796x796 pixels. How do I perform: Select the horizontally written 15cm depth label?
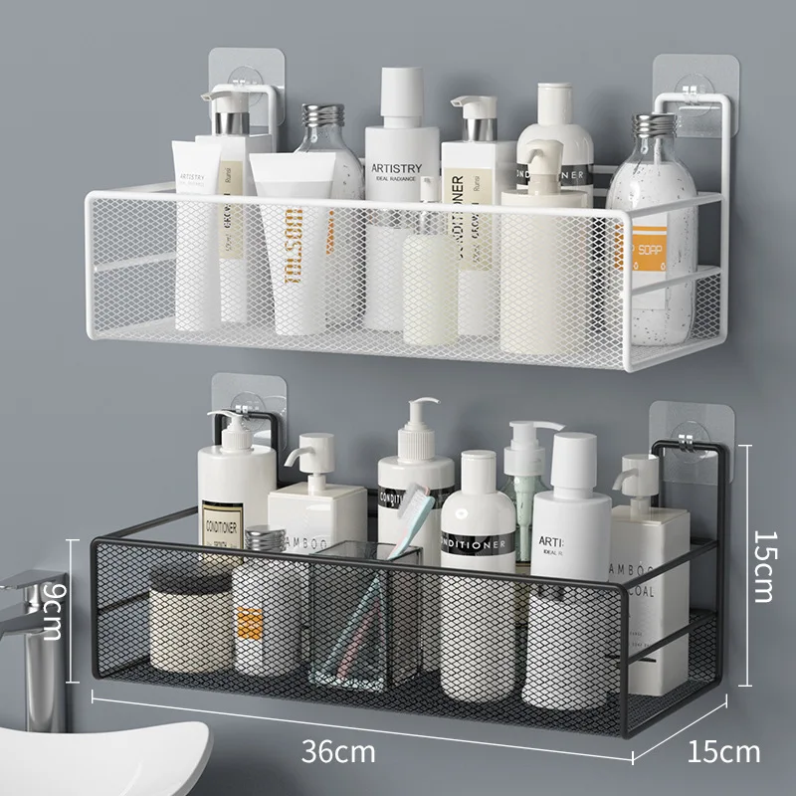tap(723, 750)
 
